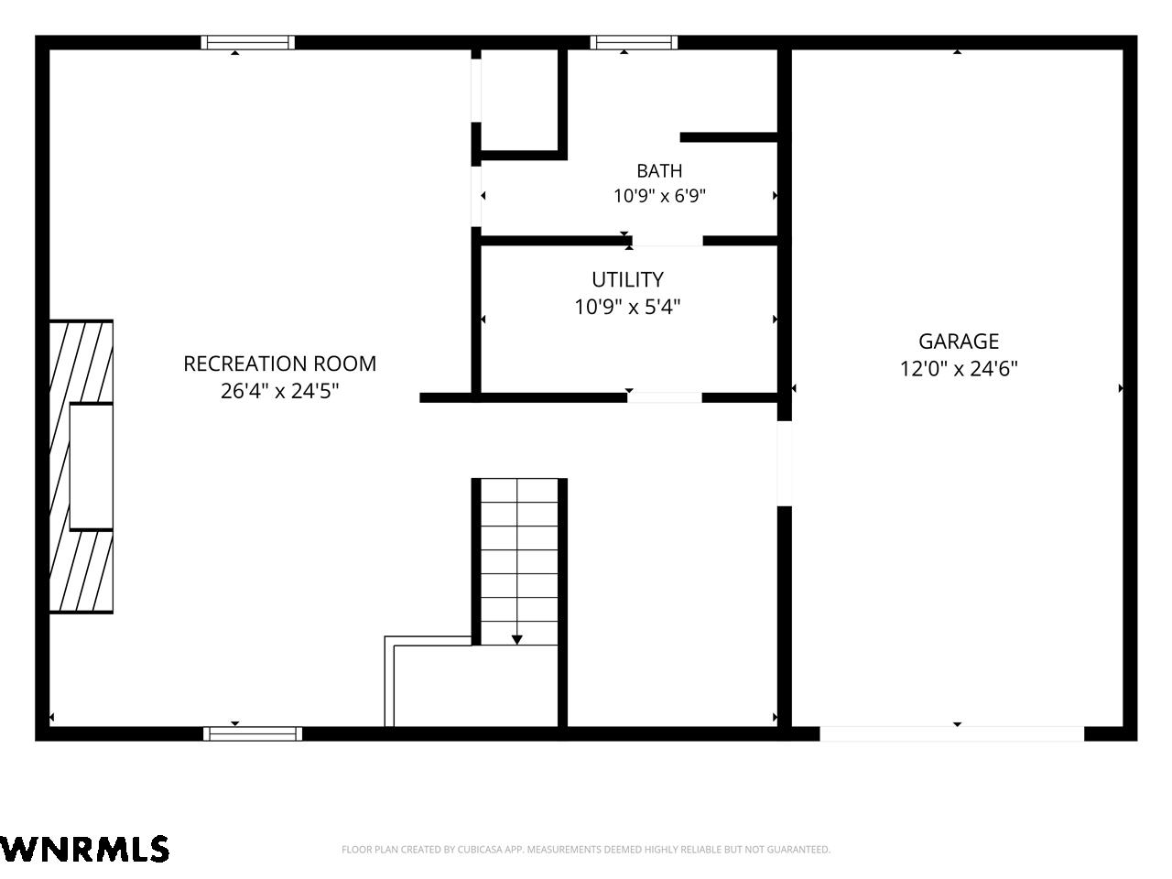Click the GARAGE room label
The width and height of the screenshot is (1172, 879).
[959, 341]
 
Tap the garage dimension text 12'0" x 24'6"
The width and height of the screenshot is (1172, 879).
[959, 368]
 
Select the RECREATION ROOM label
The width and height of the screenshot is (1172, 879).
[280, 364]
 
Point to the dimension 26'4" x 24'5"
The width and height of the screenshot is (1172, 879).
[280, 391]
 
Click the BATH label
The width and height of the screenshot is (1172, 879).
[659, 171]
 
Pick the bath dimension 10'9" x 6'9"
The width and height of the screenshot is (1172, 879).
[659, 196]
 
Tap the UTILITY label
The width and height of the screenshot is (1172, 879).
[627, 279]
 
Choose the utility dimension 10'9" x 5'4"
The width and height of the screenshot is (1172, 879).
[627, 307]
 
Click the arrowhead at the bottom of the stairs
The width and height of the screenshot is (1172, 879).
[516, 640]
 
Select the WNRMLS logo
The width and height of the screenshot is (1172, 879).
[84, 849]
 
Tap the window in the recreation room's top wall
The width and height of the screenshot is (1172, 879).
[248, 42]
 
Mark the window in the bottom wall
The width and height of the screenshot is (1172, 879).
[253, 733]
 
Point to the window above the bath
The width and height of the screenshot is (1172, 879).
[634, 42]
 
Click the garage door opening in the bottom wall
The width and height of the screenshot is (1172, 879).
[952, 733]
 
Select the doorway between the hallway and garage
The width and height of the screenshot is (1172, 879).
[784, 464]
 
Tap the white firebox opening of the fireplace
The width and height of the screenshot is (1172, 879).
[92, 467]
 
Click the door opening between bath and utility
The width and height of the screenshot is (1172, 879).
[667, 241]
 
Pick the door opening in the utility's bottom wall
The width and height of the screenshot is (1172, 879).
[664, 397]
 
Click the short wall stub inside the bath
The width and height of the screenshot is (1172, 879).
[728, 137]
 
